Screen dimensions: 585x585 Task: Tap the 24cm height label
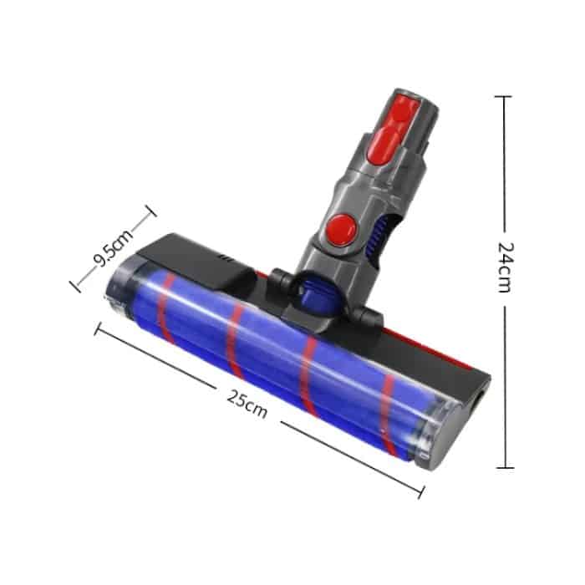point(504,267)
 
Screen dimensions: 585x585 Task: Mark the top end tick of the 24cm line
point(503,97)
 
